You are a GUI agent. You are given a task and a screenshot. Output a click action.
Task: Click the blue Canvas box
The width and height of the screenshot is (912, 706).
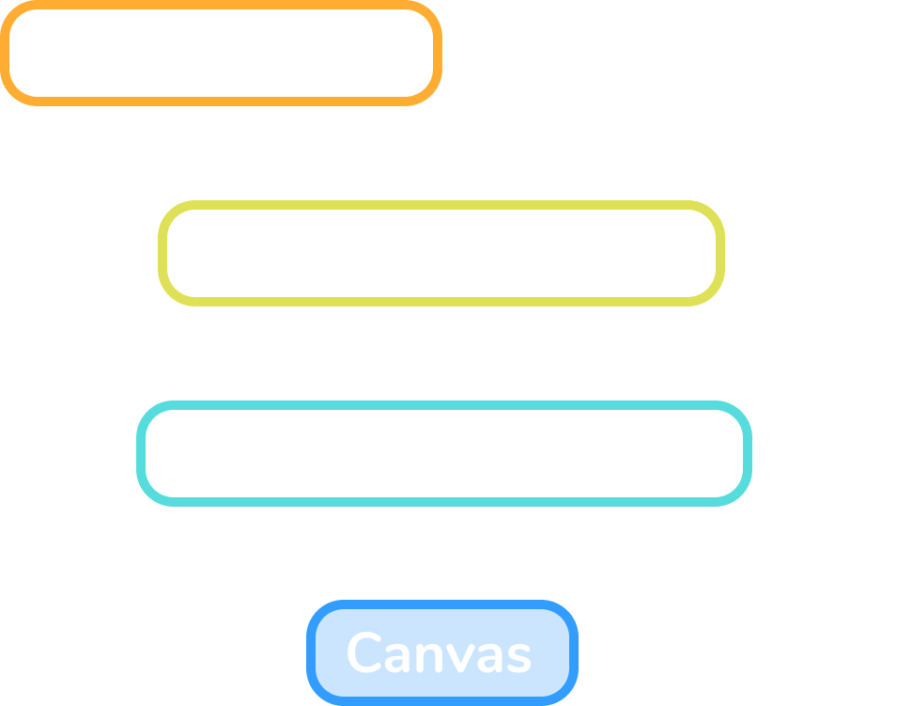(441, 652)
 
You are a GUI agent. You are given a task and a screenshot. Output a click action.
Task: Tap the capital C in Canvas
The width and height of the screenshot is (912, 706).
(365, 652)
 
